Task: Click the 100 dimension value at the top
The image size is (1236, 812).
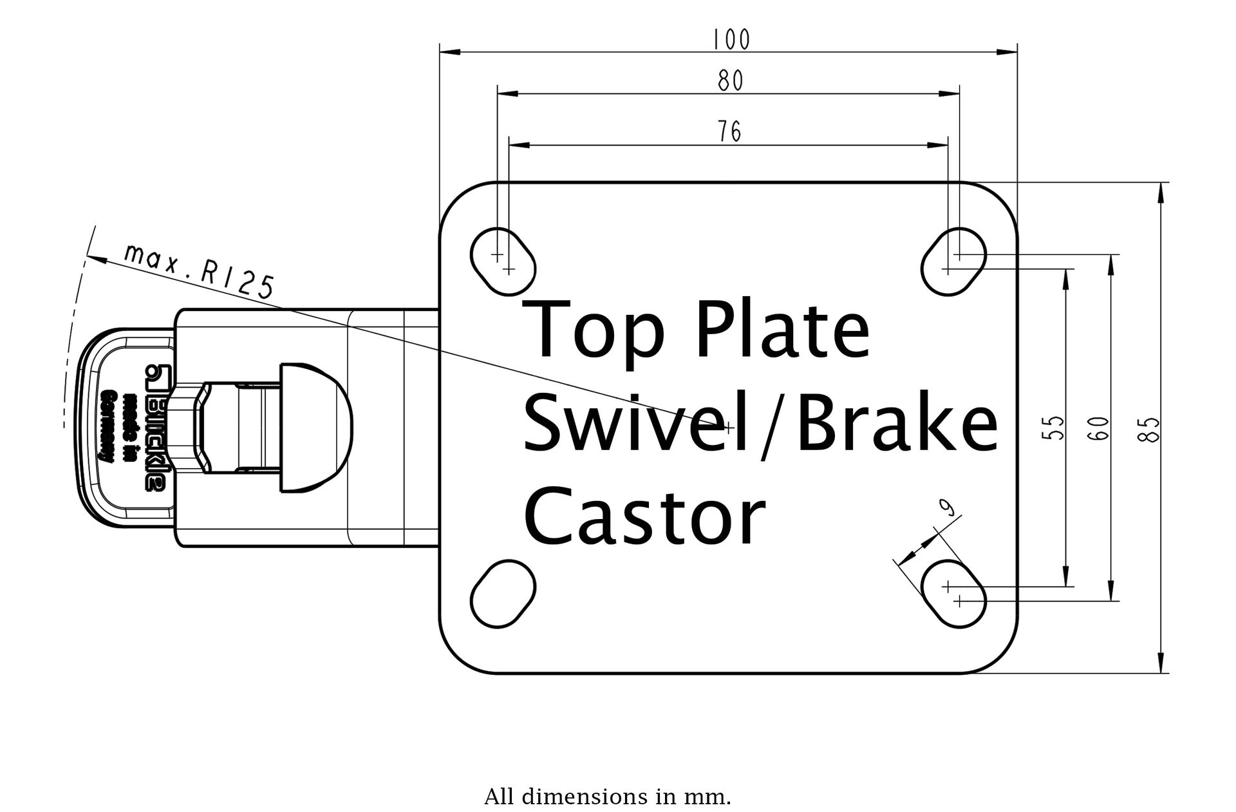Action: click(x=731, y=40)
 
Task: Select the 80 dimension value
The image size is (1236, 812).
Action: click(x=730, y=81)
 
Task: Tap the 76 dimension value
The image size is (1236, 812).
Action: click(x=729, y=131)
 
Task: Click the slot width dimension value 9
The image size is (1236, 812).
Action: click(x=947, y=509)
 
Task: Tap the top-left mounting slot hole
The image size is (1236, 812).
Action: click(x=503, y=261)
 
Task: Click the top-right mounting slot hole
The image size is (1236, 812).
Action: click(x=953, y=261)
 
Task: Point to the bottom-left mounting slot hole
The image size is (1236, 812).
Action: click(x=503, y=593)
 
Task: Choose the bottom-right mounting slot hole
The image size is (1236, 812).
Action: click(x=953, y=593)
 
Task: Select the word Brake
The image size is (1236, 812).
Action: click(x=897, y=423)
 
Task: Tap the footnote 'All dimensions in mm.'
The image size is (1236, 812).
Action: click(x=607, y=797)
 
